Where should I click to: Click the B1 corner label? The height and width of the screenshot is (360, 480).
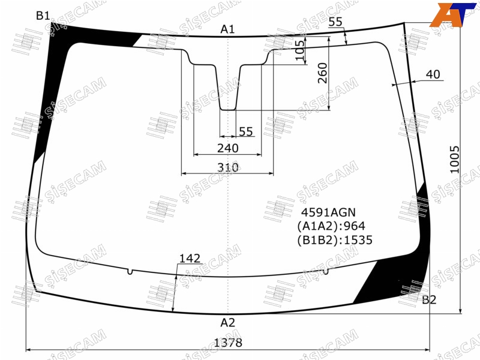tap(43, 16)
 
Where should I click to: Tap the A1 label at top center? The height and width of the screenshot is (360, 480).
tap(227, 29)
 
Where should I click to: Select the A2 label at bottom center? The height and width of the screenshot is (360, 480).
tap(228, 322)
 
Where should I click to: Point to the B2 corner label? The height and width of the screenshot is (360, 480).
tap(429, 299)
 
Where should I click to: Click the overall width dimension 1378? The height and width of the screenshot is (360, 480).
tap(228, 343)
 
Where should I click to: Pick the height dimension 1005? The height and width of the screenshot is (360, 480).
tap(455, 160)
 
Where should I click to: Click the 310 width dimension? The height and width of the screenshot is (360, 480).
tap(228, 167)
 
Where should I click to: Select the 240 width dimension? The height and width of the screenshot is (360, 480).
tap(228, 148)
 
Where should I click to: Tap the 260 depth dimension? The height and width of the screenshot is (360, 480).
tap(323, 73)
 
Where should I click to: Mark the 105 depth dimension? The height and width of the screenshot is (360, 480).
tap(300, 50)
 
